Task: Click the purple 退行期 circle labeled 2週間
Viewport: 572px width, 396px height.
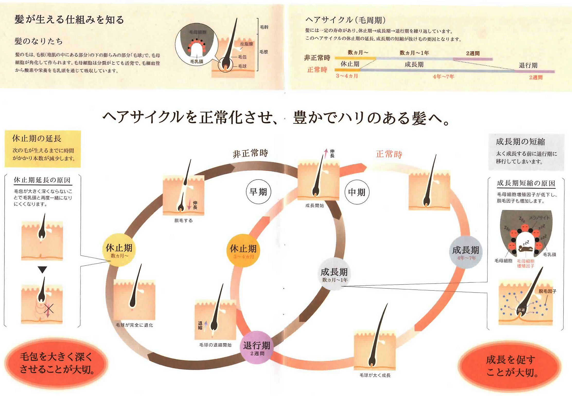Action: coord(257,347)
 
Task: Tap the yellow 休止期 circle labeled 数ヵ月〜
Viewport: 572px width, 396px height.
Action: coord(119,250)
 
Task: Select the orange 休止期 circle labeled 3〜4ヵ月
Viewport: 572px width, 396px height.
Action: coord(243,251)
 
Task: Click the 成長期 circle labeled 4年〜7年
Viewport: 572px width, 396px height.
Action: coord(465,252)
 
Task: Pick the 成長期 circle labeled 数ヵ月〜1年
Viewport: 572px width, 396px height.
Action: coord(334,274)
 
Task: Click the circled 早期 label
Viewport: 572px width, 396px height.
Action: coord(258,192)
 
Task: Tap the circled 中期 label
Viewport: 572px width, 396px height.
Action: coord(357,192)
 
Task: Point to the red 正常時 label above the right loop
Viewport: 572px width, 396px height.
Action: coord(389,154)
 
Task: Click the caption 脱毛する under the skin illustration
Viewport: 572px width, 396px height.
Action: coord(183,220)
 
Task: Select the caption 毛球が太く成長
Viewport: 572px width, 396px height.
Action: coord(375,375)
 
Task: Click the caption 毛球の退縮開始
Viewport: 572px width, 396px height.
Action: coord(215,345)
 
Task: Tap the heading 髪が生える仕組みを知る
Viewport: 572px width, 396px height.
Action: coord(69,20)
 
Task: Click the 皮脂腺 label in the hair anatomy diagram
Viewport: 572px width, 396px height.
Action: coord(247,44)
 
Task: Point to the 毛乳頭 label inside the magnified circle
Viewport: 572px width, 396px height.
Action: coord(197,61)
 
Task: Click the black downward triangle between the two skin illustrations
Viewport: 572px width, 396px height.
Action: coord(42,269)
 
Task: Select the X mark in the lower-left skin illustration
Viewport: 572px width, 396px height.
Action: coord(49,308)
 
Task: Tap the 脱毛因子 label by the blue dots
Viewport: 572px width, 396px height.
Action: coord(547,291)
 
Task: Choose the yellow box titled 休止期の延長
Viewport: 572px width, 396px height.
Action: coord(43,149)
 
